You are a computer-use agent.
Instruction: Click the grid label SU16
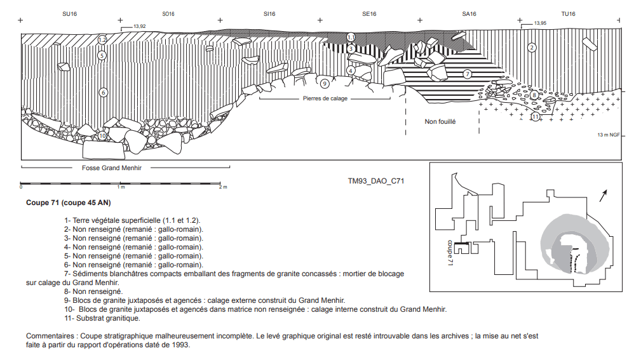(69, 13)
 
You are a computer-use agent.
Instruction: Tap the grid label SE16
(369, 13)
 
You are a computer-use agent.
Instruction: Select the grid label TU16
(568, 13)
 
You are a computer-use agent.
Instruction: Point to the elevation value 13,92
(139, 26)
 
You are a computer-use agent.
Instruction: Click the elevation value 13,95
(540, 23)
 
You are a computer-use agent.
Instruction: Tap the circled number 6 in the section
(103, 92)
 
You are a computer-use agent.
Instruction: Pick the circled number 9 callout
(324, 83)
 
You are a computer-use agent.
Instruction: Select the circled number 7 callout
(467, 74)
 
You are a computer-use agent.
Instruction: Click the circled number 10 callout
(102, 136)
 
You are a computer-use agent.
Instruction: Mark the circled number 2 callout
(532, 47)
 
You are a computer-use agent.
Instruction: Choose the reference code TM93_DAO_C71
(375, 180)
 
